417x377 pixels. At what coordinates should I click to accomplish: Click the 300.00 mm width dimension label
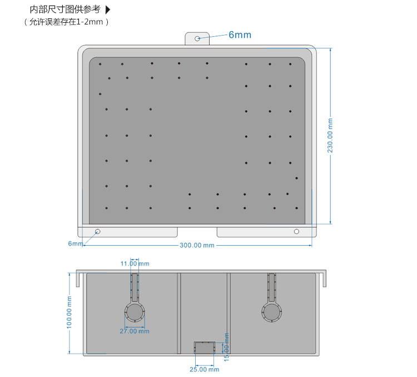point(197,245)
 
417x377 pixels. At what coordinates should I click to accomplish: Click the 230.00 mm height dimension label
point(330,135)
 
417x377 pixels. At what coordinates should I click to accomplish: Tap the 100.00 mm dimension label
point(69,312)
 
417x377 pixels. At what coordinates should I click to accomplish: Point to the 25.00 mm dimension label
point(204,369)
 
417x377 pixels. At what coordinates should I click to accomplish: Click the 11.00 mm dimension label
point(135,264)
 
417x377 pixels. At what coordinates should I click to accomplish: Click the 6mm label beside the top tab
point(240,35)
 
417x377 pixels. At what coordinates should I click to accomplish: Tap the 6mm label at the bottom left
point(75,244)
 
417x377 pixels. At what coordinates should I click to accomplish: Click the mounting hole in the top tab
point(198,38)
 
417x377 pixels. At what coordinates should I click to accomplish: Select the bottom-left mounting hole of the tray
point(98,231)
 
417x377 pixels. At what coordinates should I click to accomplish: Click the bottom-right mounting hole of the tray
point(296,231)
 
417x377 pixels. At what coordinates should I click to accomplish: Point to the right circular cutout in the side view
point(272,312)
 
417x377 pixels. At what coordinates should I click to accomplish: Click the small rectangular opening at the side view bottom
point(204,348)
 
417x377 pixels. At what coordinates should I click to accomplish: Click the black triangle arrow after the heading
point(108,9)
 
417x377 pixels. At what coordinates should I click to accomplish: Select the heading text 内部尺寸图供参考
point(65,9)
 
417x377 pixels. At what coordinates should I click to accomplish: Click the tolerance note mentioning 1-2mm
point(66,22)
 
